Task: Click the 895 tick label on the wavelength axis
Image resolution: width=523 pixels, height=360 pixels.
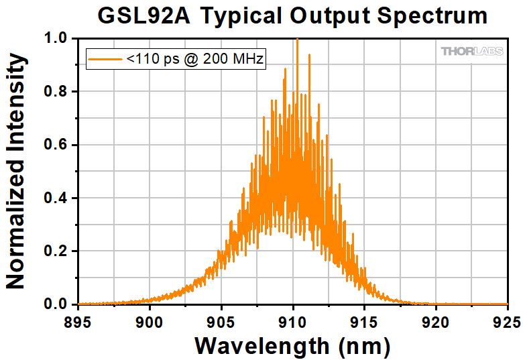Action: (x=78, y=320)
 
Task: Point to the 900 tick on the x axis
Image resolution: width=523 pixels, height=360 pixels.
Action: (x=149, y=320)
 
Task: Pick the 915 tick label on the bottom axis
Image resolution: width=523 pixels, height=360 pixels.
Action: (x=365, y=320)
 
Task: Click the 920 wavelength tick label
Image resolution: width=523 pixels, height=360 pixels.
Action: (x=436, y=320)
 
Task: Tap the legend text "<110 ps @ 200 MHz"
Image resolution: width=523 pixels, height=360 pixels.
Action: (x=196, y=60)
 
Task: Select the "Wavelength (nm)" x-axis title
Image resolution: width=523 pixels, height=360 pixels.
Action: (x=292, y=346)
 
